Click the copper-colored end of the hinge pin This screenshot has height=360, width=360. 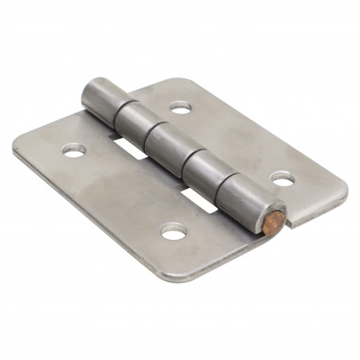[273, 216]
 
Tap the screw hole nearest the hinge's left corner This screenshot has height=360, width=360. [73, 149]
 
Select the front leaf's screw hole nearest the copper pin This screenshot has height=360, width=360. [174, 231]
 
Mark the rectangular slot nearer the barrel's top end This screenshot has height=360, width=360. [129, 148]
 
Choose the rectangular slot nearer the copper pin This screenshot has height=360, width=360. [202, 201]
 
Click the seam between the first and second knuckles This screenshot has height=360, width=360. [115, 108]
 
